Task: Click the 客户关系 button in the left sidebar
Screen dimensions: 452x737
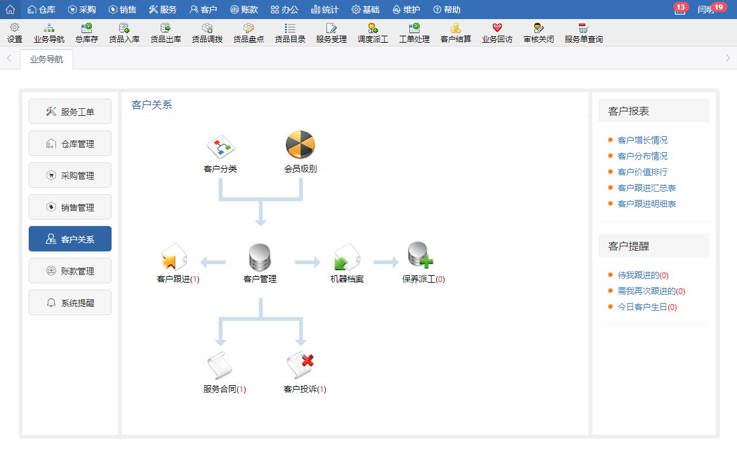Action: point(70,239)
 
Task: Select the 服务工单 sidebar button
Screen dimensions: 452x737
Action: point(70,111)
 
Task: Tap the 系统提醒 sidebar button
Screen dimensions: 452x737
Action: point(70,302)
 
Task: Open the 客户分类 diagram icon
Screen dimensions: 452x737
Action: point(221,147)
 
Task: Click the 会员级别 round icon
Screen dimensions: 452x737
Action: point(300,145)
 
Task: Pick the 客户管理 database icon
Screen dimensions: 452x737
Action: point(259,258)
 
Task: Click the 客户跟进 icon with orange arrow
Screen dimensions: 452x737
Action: point(173,258)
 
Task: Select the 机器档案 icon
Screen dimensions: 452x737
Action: point(347,258)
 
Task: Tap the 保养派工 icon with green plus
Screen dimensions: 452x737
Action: point(421,256)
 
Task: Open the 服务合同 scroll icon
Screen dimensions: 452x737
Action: point(220,366)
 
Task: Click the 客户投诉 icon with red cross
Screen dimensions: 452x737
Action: point(300,365)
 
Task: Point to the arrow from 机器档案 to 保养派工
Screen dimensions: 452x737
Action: point(386,262)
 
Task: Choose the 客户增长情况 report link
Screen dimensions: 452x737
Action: point(642,140)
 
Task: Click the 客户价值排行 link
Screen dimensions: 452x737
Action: point(642,172)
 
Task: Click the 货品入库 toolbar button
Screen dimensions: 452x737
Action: point(124,33)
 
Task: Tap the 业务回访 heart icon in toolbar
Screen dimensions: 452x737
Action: point(497,33)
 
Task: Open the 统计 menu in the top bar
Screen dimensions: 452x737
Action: point(325,10)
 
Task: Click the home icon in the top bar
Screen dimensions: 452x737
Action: point(10,10)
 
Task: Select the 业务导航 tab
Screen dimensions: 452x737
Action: point(47,60)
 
